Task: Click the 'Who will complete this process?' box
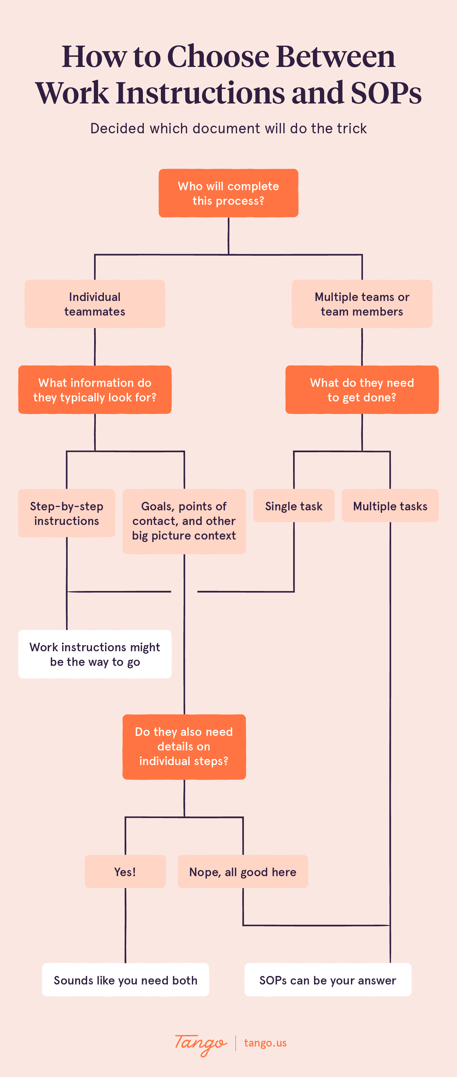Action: coord(228,193)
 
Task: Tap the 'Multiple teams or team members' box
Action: coord(362,304)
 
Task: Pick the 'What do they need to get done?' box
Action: coord(362,390)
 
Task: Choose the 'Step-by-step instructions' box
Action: coord(66,513)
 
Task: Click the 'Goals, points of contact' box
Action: coord(184,521)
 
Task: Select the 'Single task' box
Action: coord(293,506)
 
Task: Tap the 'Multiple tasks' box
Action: coord(390,506)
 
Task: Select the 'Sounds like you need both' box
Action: coord(125,980)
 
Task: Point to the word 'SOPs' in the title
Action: coord(385,93)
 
